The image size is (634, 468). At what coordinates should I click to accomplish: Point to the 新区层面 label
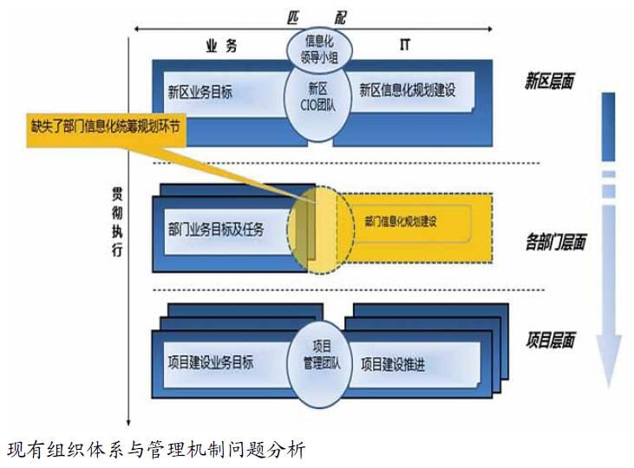[549, 82]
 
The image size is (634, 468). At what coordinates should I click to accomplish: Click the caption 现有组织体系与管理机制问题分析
[156, 451]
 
